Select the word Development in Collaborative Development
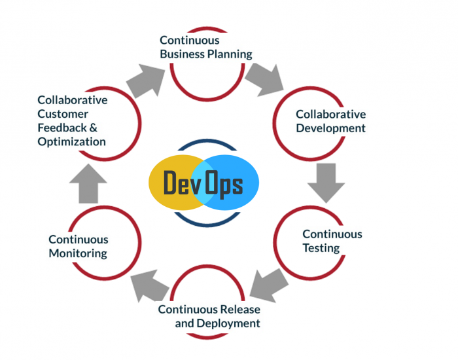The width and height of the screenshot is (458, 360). point(330,128)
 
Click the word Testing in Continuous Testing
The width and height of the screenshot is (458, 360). point(321,248)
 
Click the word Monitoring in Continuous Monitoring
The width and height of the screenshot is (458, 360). point(79,253)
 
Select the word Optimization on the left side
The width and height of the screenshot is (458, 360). point(71,141)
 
